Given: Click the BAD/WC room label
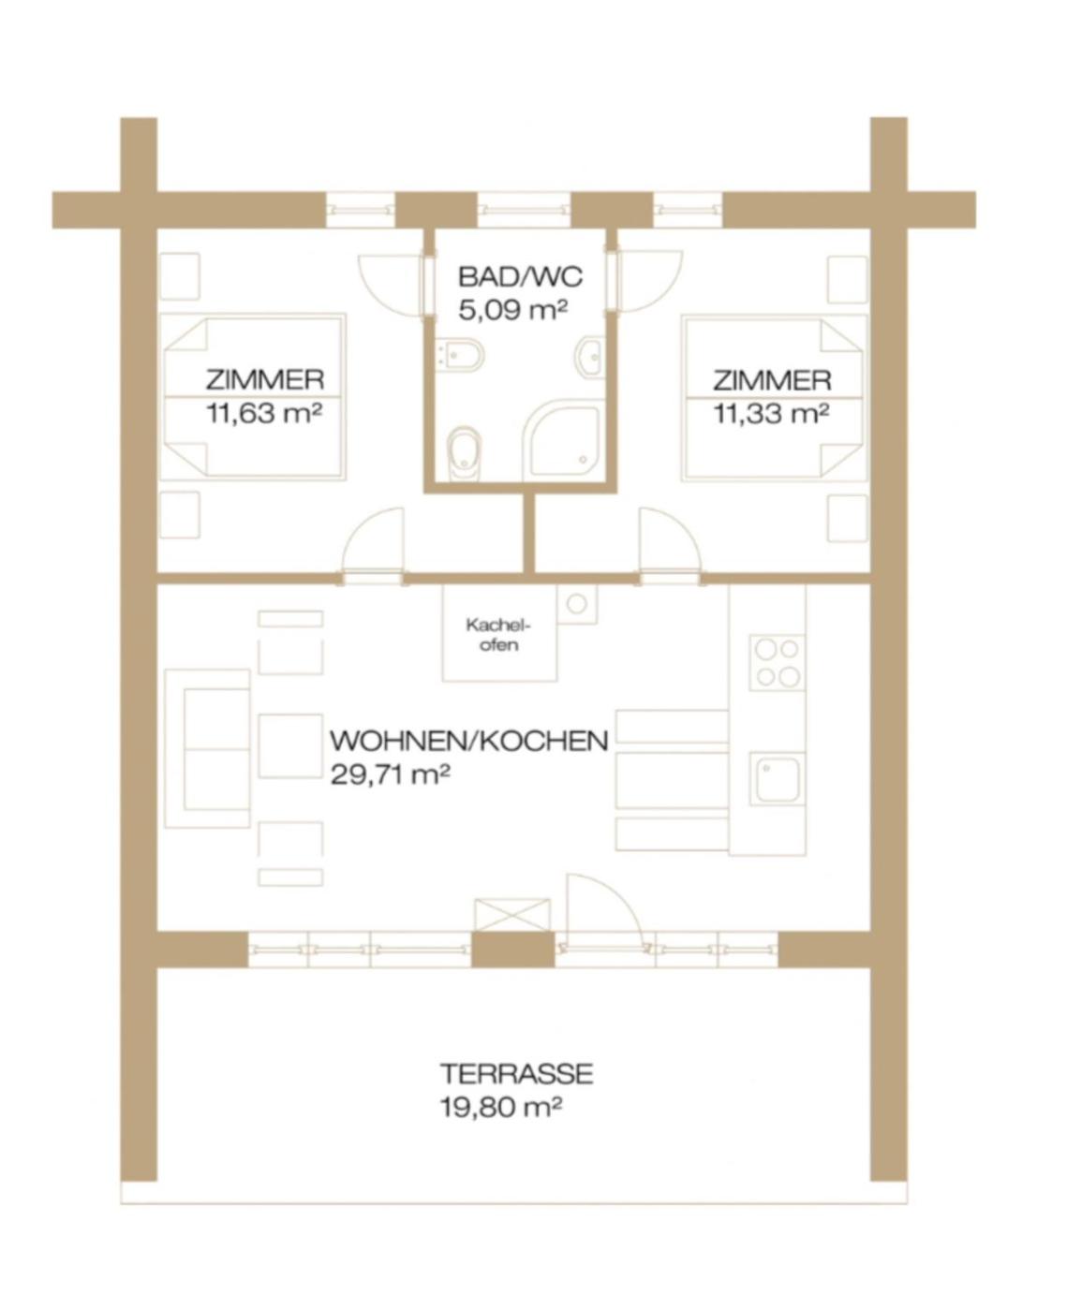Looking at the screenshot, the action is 520,277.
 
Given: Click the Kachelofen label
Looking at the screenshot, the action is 498,635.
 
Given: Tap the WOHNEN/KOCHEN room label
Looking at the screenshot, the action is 469,741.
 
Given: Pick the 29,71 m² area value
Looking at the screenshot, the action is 391,773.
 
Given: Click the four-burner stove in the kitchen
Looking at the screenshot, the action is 777,662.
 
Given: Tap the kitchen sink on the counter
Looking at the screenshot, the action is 777,779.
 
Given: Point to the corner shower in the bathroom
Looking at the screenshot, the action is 560,439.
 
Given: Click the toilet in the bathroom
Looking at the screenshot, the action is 465,452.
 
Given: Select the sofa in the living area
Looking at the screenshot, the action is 207,748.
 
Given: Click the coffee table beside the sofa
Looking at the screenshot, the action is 290,745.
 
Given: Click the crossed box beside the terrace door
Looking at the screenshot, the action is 512,915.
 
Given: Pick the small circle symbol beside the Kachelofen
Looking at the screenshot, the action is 577,603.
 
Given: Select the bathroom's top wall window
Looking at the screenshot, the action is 525,210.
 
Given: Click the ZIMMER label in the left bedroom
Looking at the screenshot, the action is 265,380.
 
